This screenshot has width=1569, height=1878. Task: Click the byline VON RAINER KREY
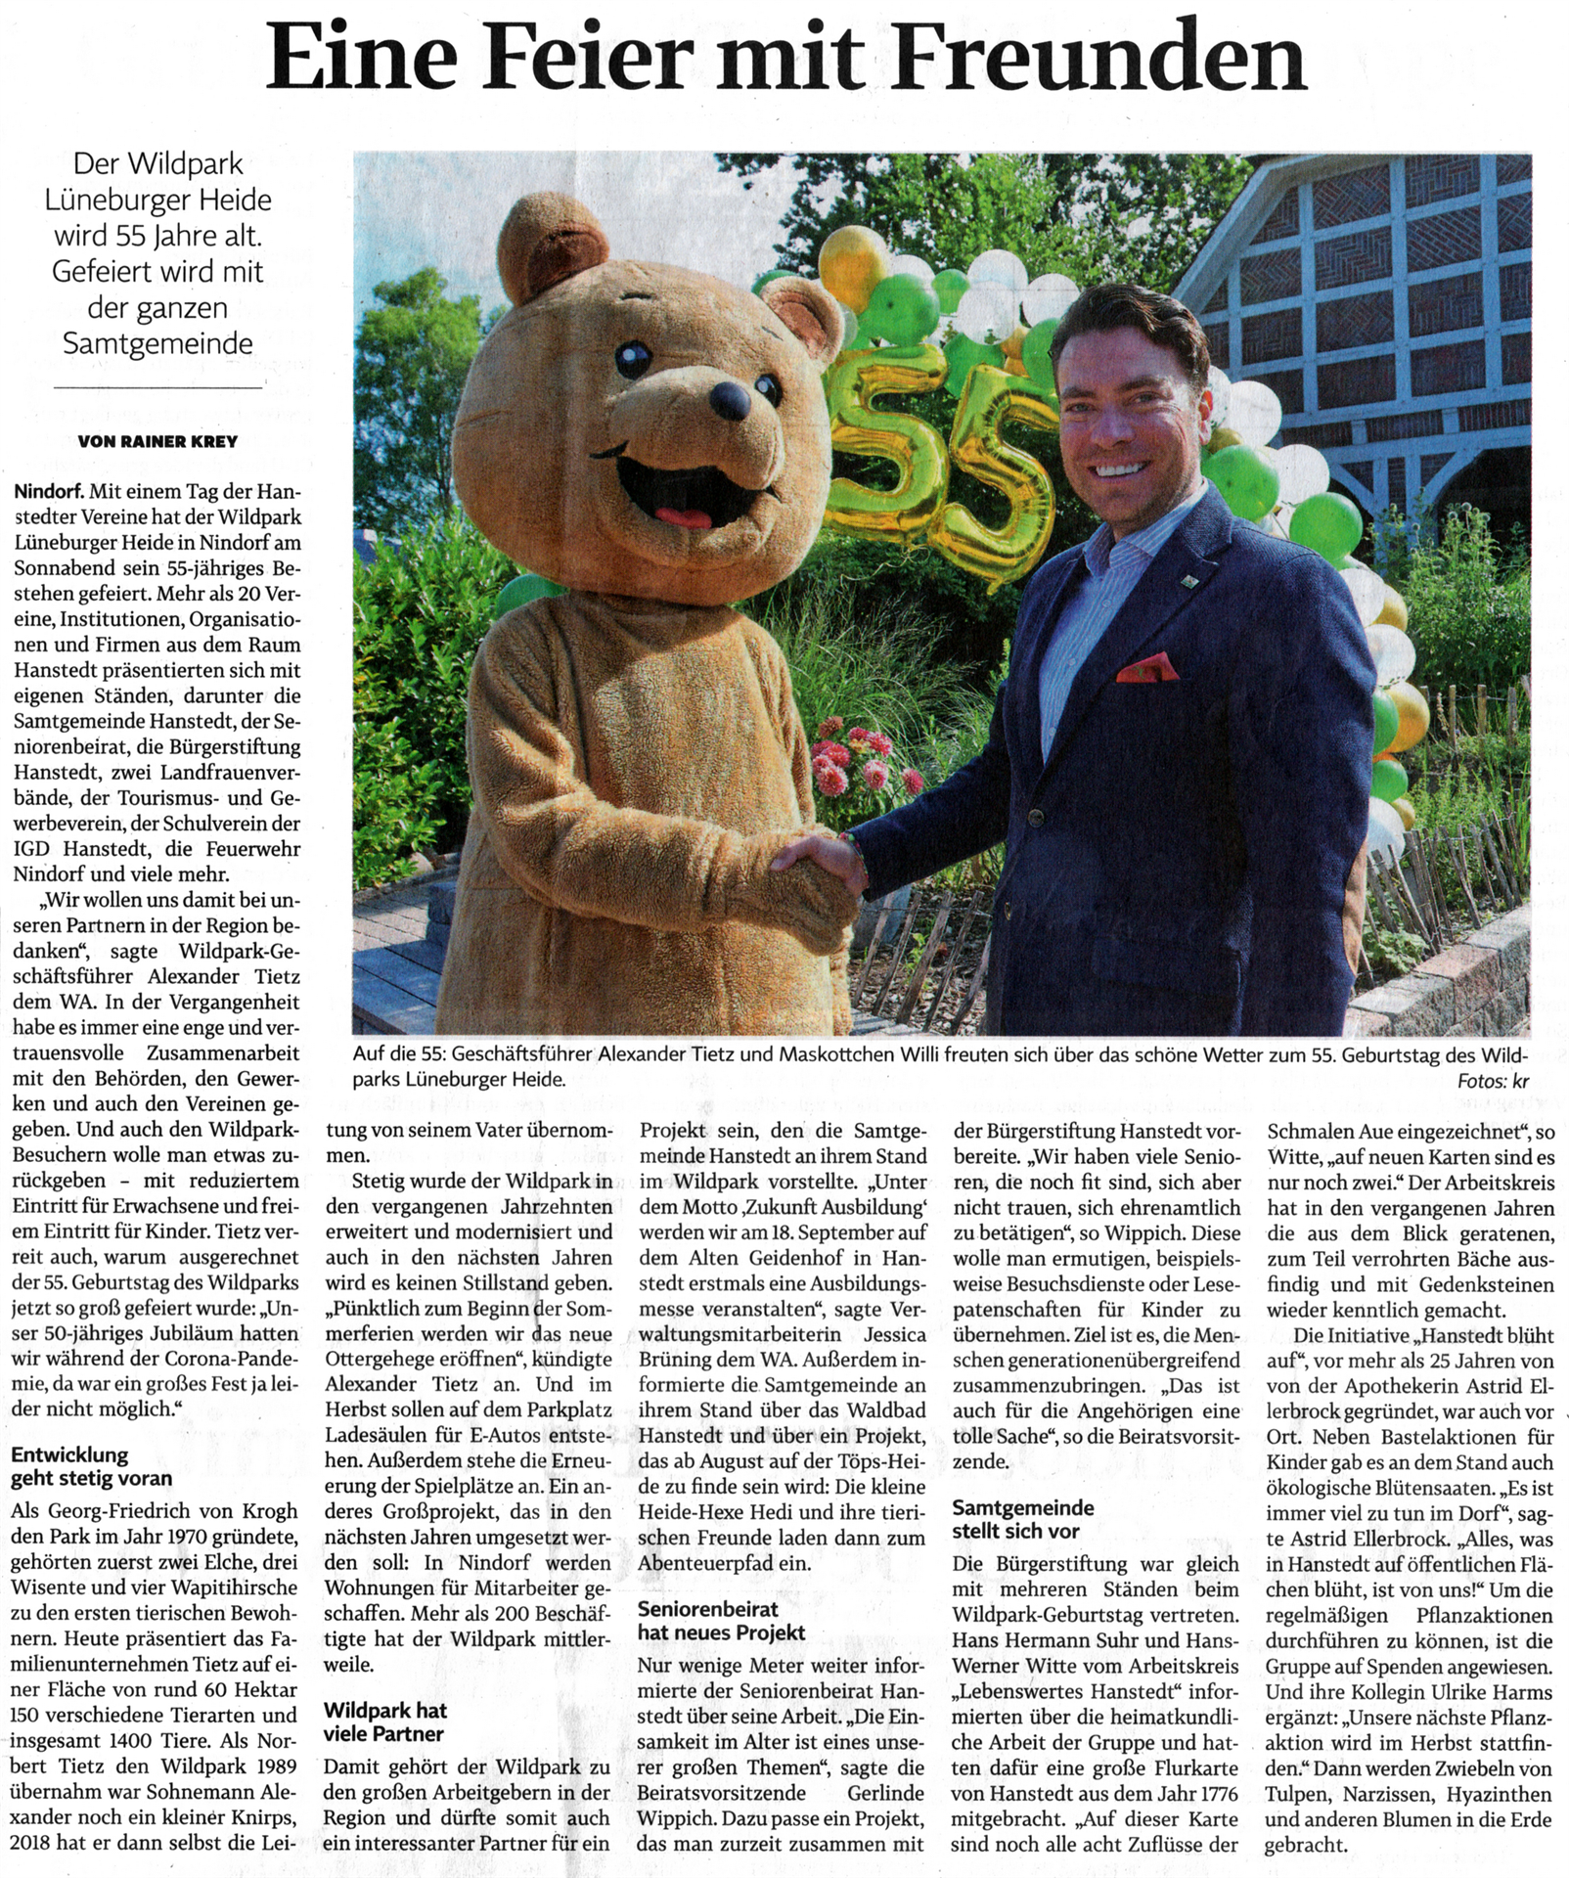[157, 441]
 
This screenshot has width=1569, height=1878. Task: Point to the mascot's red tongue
[674, 516]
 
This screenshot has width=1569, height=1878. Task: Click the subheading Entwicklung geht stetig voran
[90, 1466]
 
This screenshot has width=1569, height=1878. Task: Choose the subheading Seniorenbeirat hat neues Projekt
[707, 1620]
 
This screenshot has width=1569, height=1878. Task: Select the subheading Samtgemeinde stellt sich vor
[1022, 1519]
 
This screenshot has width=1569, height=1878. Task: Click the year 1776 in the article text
[1210, 1794]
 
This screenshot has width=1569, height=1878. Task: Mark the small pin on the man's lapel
[1187, 582]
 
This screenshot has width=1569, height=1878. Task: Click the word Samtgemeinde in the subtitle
[157, 343]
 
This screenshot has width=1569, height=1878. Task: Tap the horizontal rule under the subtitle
[157, 387]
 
